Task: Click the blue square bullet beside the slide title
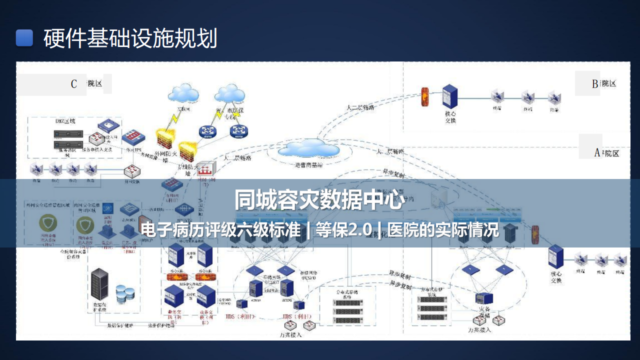[x=24, y=38]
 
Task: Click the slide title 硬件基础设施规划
[x=130, y=38]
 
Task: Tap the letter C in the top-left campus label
[x=74, y=83]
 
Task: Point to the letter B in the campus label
[x=594, y=84]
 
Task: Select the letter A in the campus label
[x=596, y=153]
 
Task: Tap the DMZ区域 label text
[x=65, y=120]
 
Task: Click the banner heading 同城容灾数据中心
[x=319, y=200]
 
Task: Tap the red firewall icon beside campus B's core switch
[x=425, y=97]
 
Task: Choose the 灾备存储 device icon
[x=484, y=299]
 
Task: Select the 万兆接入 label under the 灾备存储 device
[x=479, y=329]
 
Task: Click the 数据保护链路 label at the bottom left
[x=120, y=325]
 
